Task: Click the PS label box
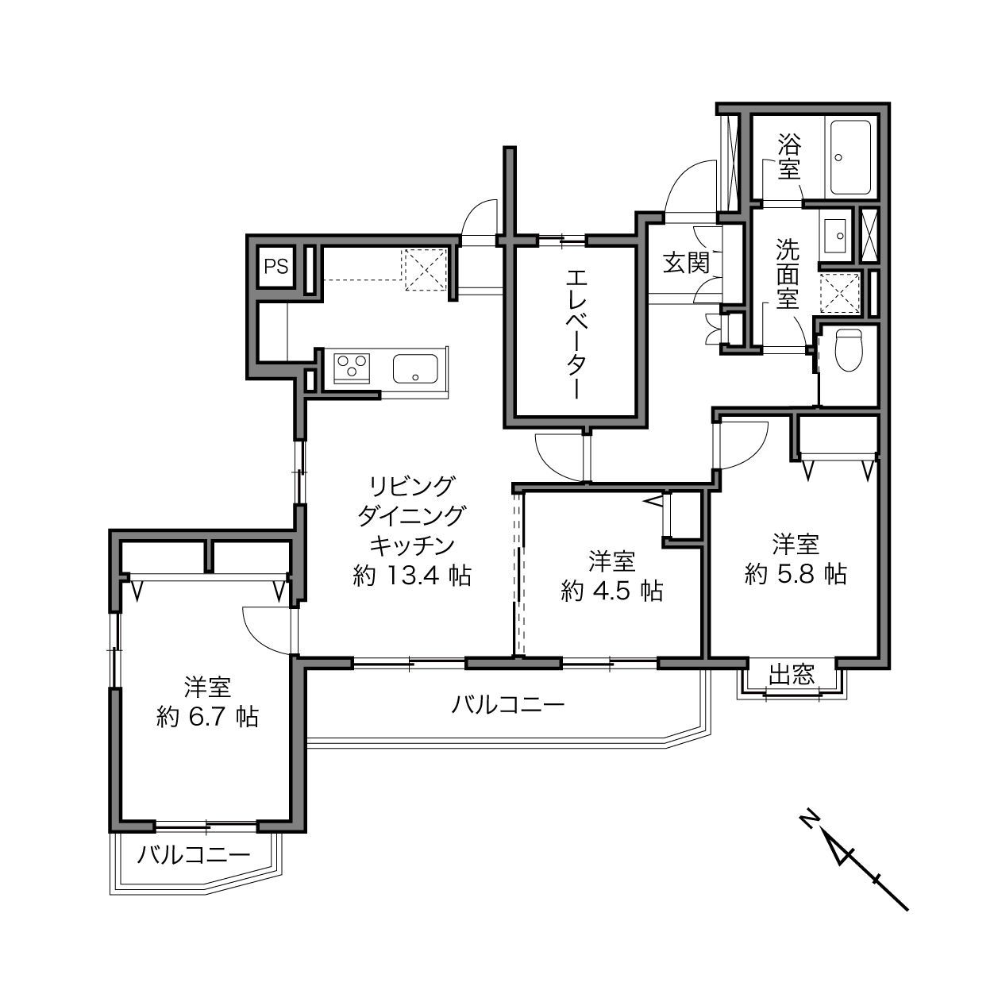[x=276, y=267]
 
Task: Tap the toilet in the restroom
[x=849, y=349]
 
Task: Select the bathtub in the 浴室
[x=848, y=157]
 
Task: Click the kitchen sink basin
[x=415, y=368]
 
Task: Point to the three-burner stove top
[x=352, y=368]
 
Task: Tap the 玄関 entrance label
[x=687, y=264]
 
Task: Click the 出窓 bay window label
[x=792, y=674]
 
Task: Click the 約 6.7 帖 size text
[x=208, y=716]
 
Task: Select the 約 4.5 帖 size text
[x=612, y=591]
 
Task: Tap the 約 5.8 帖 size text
[x=796, y=573]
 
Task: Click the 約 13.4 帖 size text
[x=411, y=575]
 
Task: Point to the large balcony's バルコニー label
[x=507, y=704]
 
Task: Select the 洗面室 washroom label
[x=788, y=273]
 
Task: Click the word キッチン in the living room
[x=412, y=545]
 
